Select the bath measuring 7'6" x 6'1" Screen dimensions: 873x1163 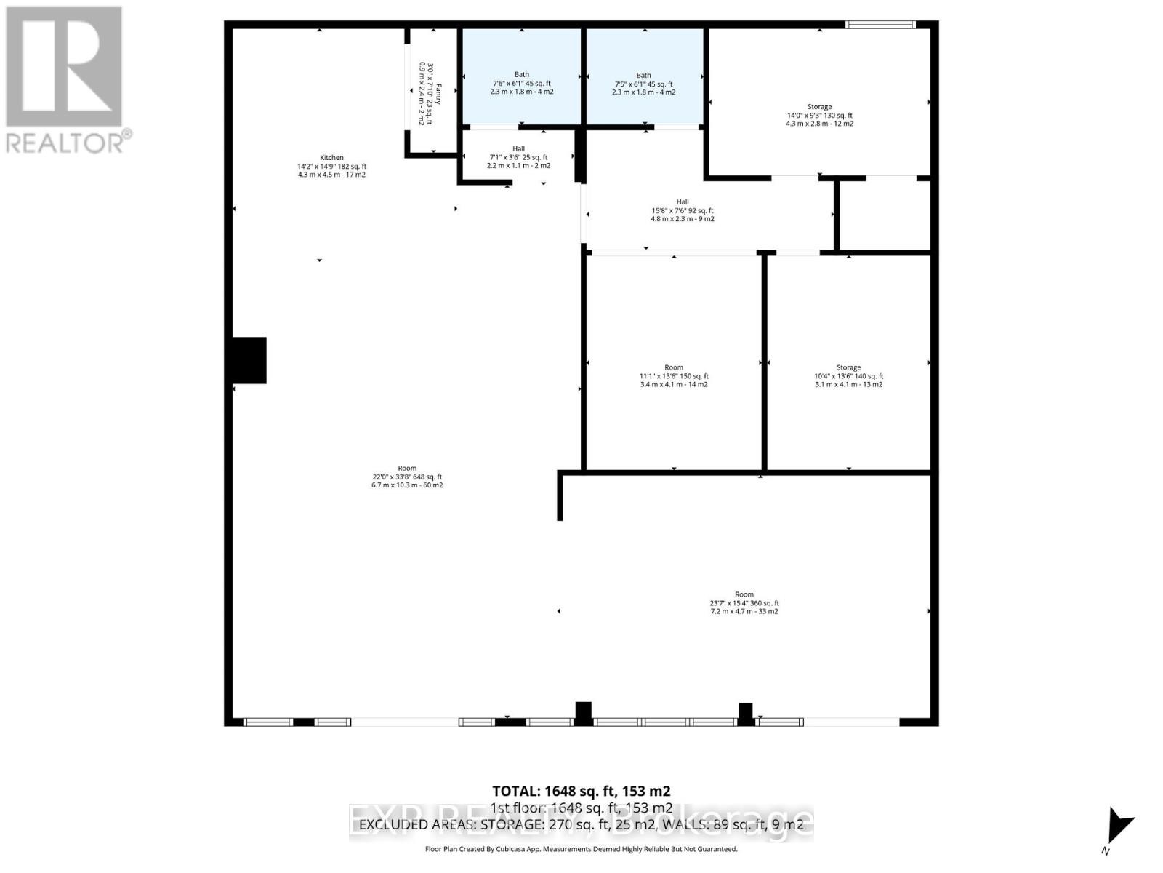[521, 83]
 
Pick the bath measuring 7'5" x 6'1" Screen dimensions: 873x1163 [643, 83]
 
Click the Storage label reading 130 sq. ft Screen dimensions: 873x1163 [819, 115]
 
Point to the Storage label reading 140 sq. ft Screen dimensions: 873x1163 [848, 375]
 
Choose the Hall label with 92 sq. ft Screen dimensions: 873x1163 [682, 210]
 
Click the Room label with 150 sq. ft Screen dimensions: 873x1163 [674, 375]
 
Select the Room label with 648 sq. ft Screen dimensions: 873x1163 [407, 477]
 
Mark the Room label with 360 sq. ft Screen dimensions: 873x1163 [744, 602]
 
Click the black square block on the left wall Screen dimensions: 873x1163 [249, 360]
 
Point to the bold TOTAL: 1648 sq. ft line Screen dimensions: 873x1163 [581, 791]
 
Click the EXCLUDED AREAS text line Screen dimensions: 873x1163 [581, 824]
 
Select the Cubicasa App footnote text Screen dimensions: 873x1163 [581, 849]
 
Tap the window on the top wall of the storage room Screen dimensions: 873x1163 [880, 25]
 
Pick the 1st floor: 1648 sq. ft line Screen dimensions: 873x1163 [581, 808]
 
